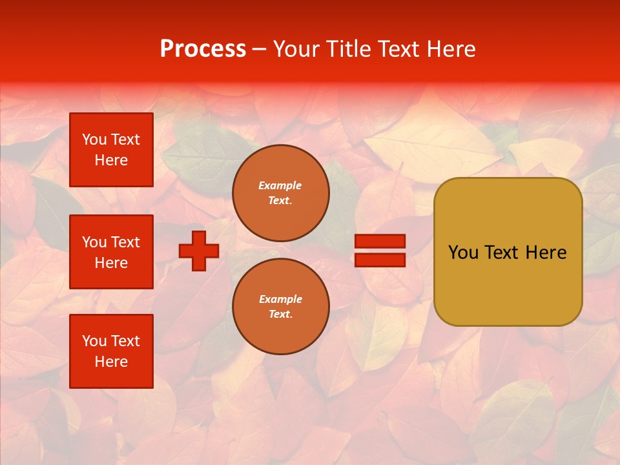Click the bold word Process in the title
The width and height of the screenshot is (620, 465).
(x=203, y=49)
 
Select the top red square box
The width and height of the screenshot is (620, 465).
(x=111, y=150)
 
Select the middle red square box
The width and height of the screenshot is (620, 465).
(x=111, y=252)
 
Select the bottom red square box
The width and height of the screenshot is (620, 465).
(x=111, y=351)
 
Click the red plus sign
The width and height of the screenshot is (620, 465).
(x=199, y=251)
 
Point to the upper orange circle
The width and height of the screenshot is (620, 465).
(x=281, y=193)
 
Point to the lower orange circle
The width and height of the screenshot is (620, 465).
(x=281, y=307)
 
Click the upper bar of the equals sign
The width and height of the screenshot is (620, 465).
(x=380, y=242)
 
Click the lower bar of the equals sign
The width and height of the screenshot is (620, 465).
(x=380, y=260)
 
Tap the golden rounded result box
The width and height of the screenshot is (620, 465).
(x=508, y=284)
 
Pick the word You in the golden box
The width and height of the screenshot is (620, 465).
(x=462, y=253)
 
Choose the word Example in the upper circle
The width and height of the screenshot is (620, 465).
(x=280, y=185)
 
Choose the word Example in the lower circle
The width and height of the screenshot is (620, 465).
(x=280, y=299)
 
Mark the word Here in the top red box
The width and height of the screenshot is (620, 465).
(x=111, y=160)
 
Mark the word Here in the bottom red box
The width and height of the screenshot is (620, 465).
(x=111, y=362)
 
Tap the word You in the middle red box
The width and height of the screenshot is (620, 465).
(x=94, y=242)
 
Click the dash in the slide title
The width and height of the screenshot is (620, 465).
(x=260, y=50)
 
